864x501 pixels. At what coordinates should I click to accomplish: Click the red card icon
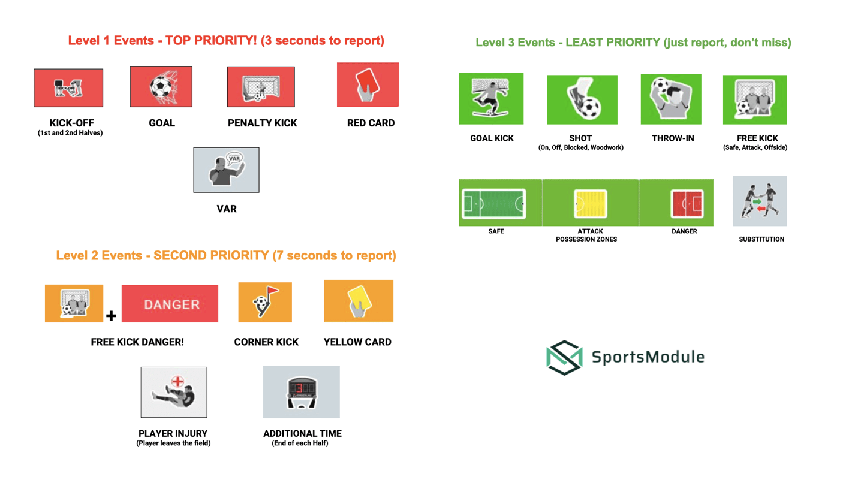pyautogui.click(x=368, y=84)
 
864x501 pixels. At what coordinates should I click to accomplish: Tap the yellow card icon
pyautogui.click(x=358, y=301)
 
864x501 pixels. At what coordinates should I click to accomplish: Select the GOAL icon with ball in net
pyautogui.click(x=161, y=86)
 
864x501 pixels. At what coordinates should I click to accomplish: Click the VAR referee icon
pyautogui.click(x=226, y=170)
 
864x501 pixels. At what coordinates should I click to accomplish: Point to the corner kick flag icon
pyautogui.click(x=265, y=302)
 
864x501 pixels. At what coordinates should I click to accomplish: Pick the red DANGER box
pyautogui.click(x=170, y=304)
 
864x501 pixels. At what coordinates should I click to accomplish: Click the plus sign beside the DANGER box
pyautogui.click(x=111, y=315)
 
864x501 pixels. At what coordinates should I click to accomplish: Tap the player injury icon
pyautogui.click(x=174, y=392)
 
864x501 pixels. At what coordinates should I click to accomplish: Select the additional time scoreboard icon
pyautogui.click(x=301, y=392)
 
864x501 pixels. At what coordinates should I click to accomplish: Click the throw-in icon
pyautogui.click(x=671, y=99)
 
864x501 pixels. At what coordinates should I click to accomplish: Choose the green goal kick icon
pyautogui.click(x=491, y=98)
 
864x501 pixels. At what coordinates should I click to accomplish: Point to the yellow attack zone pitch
pyautogui.click(x=591, y=203)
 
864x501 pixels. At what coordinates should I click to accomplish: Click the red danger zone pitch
pyautogui.click(x=685, y=203)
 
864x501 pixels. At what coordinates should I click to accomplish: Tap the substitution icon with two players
pyautogui.click(x=760, y=201)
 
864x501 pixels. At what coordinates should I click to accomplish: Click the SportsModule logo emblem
pyautogui.click(x=565, y=357)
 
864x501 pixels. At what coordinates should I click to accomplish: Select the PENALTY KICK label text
pyautogui.click(x=262, y=123)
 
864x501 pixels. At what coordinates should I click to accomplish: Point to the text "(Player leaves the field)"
pyautogui.click(x=173, y=443)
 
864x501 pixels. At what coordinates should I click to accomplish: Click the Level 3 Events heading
pyautogui.click(x=633, y=43)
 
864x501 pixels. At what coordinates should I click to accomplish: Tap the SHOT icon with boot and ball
pyautogui.click(x=582, y=99)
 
